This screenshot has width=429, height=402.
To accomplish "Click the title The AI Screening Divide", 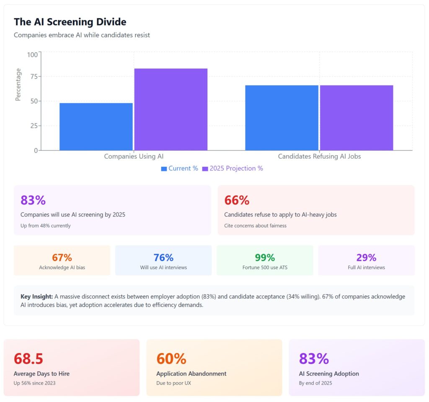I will (x=70, y=22).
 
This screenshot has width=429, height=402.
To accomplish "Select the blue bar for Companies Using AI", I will (x=96, y=126).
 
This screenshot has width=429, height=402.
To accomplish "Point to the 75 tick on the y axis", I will (x=32, y=77).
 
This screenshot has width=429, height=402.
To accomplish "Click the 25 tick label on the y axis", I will (x=32, y=126).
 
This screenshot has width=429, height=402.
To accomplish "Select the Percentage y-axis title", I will (x=18, y=85).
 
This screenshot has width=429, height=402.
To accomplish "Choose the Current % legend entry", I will (x=179, y=169).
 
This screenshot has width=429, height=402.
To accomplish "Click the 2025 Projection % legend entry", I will (x=233, y=169).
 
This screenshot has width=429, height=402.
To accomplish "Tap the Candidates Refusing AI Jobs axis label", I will (x=319, y=156).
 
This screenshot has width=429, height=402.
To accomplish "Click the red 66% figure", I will (x=237, y=200).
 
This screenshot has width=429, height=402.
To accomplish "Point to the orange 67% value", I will (x=62, y=258).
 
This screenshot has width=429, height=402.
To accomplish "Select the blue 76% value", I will (x=163, y=258).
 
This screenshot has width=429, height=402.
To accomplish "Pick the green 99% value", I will (x=265, y=258).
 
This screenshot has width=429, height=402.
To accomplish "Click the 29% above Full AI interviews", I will (x=366, y=258).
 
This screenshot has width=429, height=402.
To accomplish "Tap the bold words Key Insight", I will (x=36, y=297).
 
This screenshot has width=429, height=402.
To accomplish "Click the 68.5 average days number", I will (x=28, y=359).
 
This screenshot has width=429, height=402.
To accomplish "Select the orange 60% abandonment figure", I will (x=171, y=359).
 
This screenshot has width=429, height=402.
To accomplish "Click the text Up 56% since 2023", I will (x=34, y=383).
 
